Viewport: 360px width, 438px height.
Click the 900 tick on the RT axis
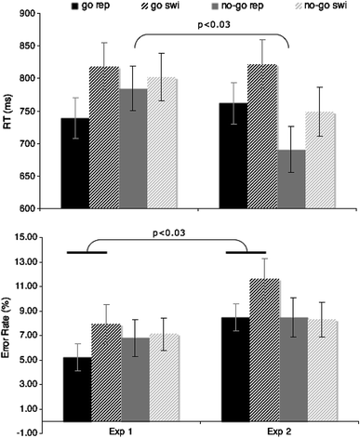pyautogui.click(x=31, y=14)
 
